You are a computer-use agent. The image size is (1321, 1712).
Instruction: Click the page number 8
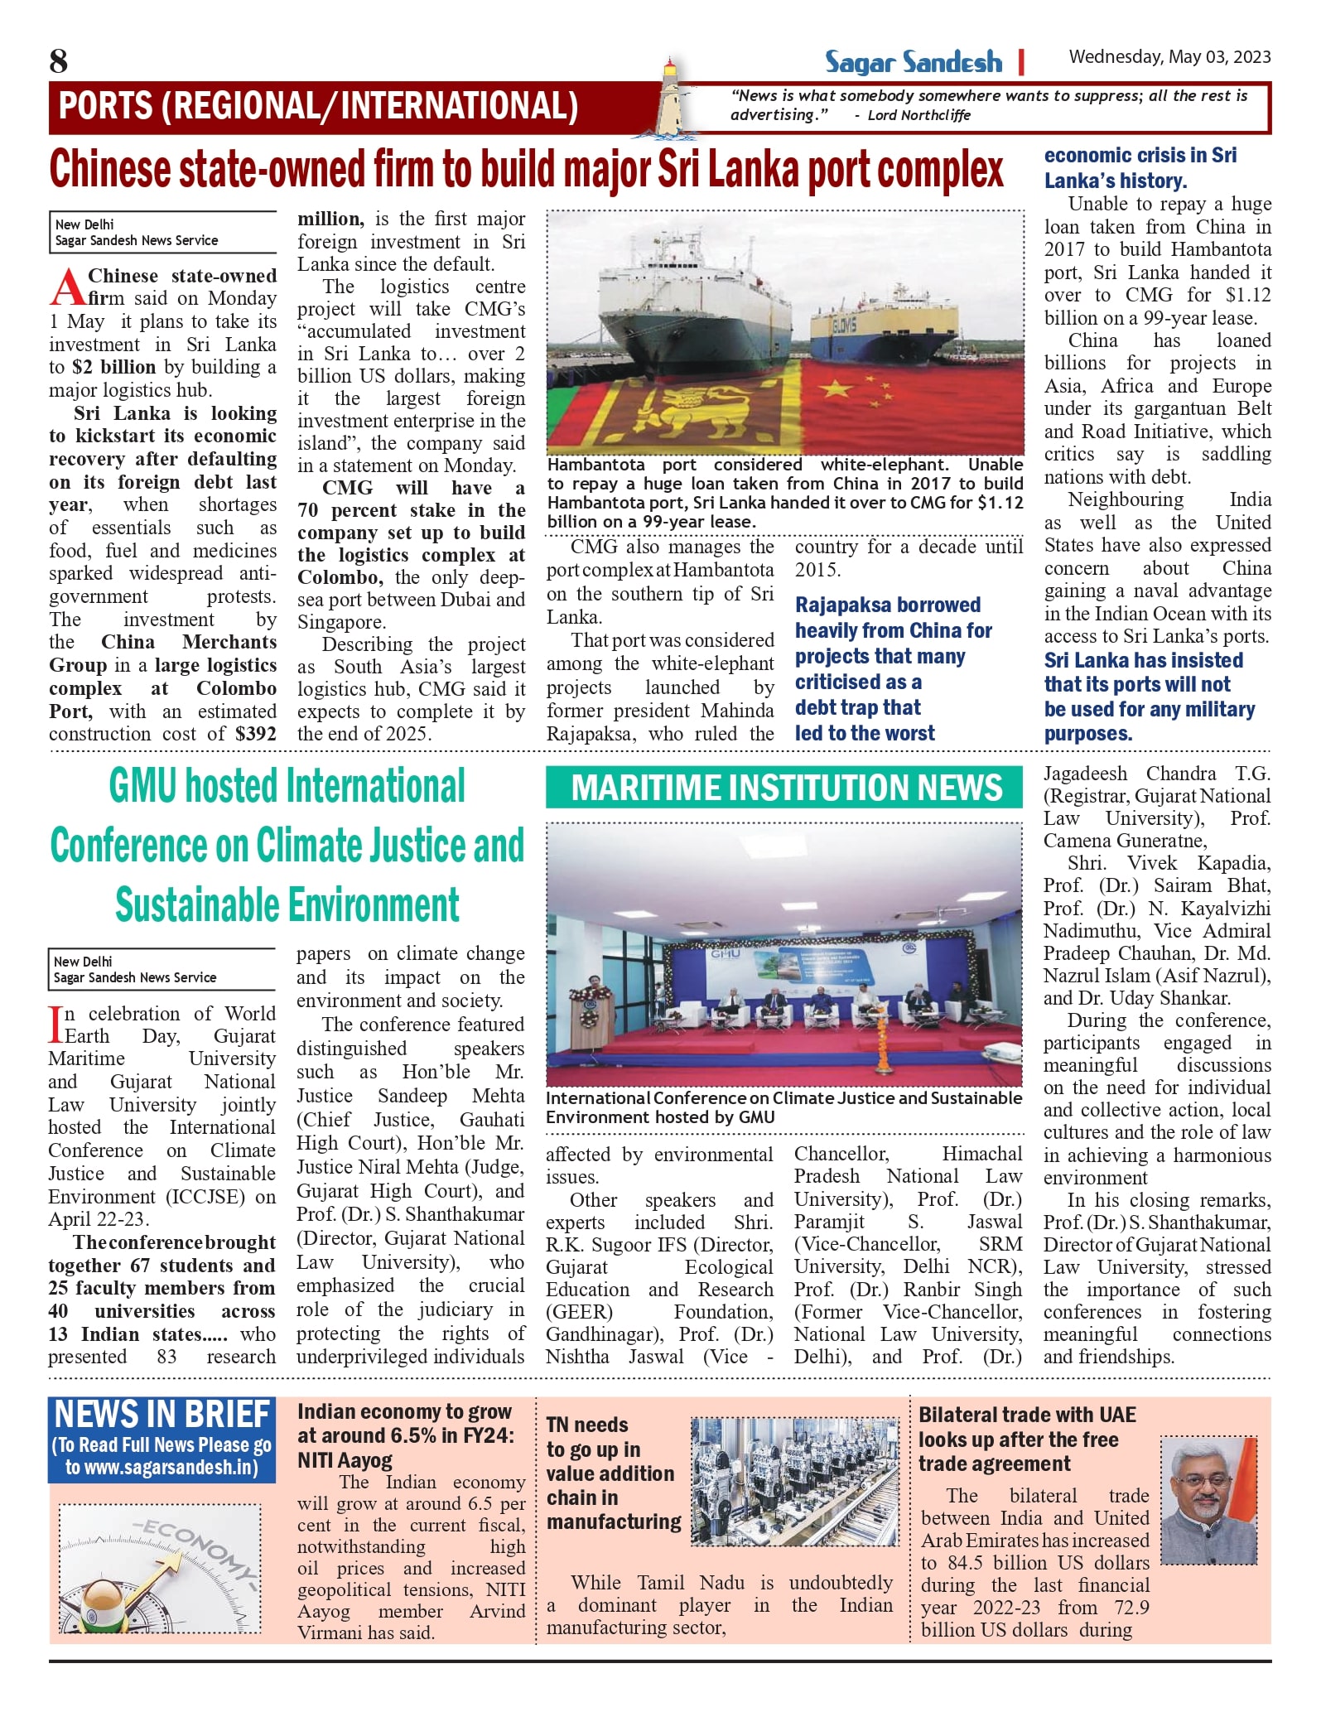point(58,61)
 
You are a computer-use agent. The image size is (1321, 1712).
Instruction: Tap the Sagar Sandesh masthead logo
point(913,62)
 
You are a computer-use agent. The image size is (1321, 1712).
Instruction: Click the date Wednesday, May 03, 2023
point(1169,57)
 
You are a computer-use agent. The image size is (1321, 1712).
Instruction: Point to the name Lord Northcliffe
point(918,116)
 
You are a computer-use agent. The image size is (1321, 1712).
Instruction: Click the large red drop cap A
point(67,287)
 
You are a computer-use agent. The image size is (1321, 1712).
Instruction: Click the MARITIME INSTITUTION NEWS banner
point(784,788)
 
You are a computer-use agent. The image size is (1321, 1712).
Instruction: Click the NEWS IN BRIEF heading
point(162,1415)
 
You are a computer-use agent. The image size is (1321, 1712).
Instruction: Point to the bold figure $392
point(255,734)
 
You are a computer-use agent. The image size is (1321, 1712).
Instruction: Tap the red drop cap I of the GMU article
point(55,1024)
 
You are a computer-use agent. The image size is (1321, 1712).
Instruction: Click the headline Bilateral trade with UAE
point(1027,1415)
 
